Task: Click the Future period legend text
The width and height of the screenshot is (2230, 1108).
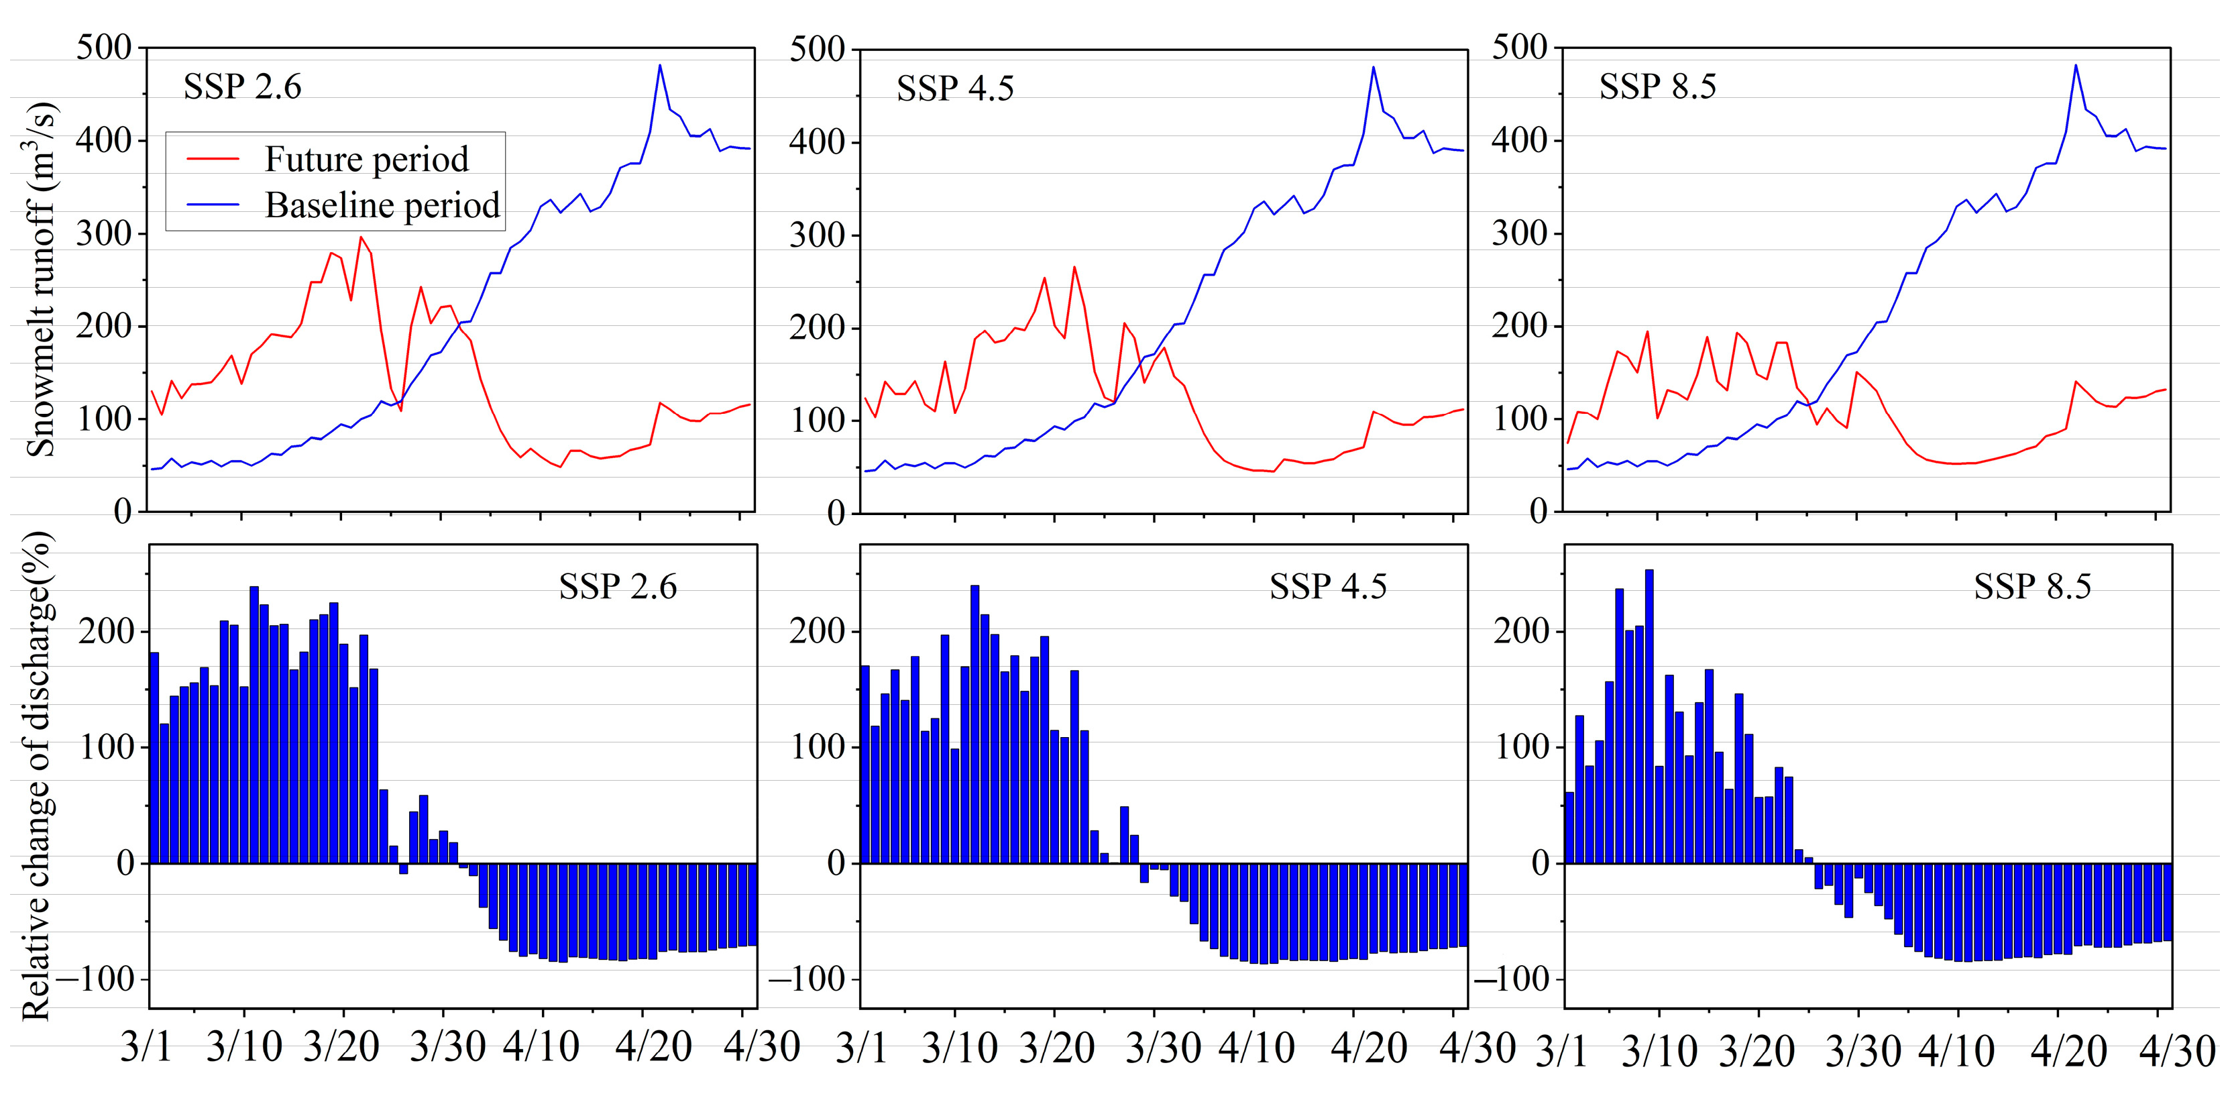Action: pyautogui.click(x=366, y=159)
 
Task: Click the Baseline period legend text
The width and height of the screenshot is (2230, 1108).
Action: pyautogui.click(x=382, y=206)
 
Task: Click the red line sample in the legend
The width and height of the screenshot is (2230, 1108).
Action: pyautogui.click(x=213, y=159)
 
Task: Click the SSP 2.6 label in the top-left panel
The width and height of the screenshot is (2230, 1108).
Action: pyautogui.click(x=242, y=87)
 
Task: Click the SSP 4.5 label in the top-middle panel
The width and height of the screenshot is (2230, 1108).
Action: pyautogui.click(x=955, y=89)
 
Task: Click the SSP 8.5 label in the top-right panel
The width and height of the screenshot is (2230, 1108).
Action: pyautogui.click(x=1657, y=87)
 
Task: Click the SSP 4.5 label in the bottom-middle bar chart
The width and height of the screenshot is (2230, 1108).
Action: pyautogui.click(x=1328, y=587)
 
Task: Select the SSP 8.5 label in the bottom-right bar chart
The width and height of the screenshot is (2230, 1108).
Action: pyautogui.click(x=2031, y=587)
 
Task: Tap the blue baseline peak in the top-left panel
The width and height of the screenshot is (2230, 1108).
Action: pyautogui.click(x=660, y=66)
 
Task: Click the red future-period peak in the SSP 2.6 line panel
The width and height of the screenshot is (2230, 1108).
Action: pyautogui.click(x=361, y=237)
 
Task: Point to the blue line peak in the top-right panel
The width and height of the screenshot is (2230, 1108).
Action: pyautogui.click(x=2075, y=66)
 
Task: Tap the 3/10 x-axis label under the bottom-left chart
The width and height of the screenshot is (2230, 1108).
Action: pyautogui.click(x=244, y=1046)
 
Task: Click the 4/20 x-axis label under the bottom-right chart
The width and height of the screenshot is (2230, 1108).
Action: pyautogui.click(x=2068, y=1050)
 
